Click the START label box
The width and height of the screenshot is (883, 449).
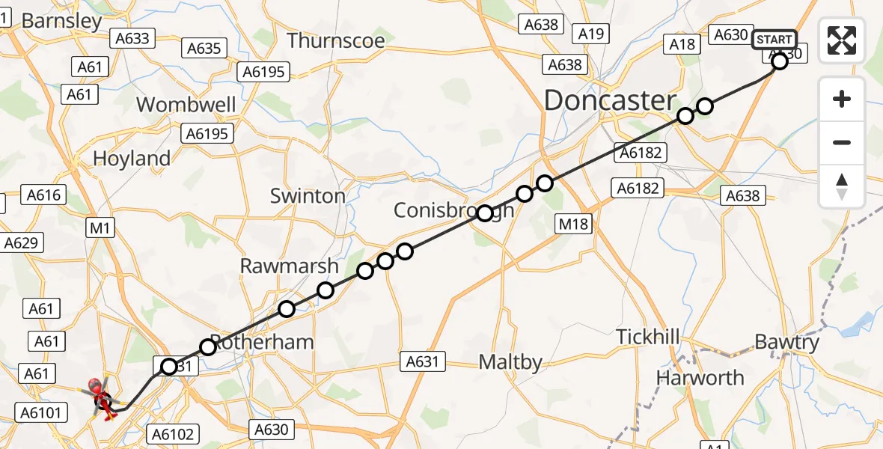click(x=774, y=40)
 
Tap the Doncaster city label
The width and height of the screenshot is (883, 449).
click(x=609, y=100)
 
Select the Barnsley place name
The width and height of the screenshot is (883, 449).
click(x=61, y=21)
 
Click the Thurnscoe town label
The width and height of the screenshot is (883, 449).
click(x=336, y=40)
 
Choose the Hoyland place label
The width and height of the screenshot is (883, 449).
click(x=132, y=159)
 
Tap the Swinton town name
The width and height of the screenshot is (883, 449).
click(x=308, y=196)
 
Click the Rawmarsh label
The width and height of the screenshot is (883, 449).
click(x=289, y=266)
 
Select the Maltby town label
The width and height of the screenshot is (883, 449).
click(x=511, y=363)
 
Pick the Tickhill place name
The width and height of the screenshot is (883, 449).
click(x=648, y=337)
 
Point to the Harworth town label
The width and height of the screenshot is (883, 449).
click(x=700, y=378)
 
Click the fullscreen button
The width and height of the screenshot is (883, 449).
click(x=842, y=40)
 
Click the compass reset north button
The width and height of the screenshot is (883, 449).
click(x=842, y=186)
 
